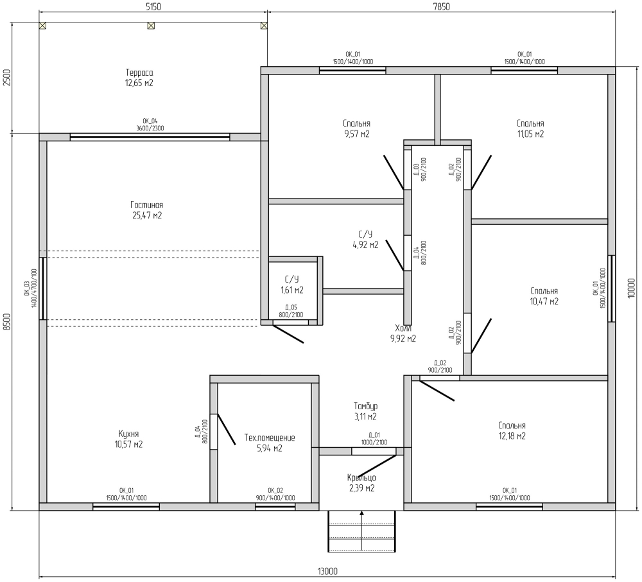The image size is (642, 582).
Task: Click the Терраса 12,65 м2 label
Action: [139, 78]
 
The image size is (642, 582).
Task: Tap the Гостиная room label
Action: [146, 210]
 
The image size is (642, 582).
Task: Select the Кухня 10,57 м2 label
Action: [128, 439]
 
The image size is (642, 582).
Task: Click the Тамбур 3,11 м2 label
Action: [366, 411]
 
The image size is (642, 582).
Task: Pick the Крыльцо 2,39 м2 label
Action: [361, 482]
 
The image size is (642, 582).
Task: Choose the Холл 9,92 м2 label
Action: [403, 333]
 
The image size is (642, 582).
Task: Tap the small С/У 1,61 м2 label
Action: [292, 285]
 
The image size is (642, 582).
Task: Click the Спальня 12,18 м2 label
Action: [512, 430]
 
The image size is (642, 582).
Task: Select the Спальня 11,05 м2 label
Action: [530, 128]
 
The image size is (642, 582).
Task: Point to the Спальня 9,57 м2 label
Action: [356, 128]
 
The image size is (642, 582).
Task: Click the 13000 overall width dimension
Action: [327, 571]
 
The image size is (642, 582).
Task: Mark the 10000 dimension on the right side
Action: [631, 288]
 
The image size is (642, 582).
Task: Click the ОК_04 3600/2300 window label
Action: [150, 125]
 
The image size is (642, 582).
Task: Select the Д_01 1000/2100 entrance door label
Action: [374, 439]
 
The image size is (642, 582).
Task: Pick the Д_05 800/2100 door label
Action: [291, 311]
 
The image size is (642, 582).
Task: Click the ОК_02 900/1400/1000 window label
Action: [275, 494]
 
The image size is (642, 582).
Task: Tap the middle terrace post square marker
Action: [151, 26]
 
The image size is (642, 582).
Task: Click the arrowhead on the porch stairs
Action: [362, 513]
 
